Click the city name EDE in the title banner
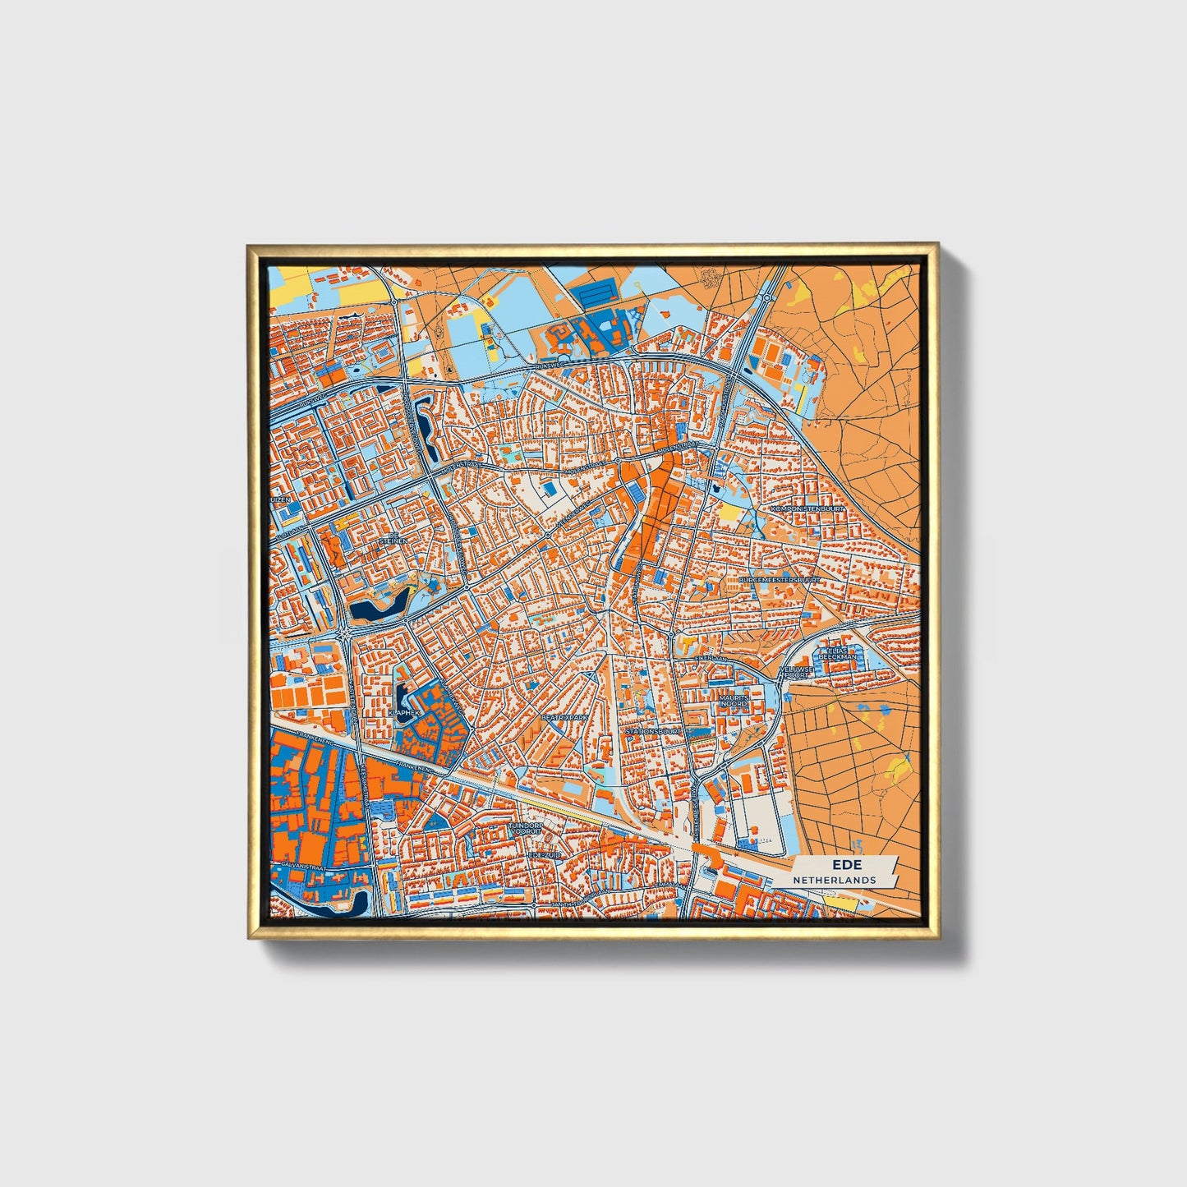(842, 864)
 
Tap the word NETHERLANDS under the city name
(834, 880)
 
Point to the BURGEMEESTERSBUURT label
(780, 579)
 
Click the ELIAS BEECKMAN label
(837, 653)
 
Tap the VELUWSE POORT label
(796, 672)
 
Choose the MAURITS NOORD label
(733, 701)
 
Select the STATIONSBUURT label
(653, 730)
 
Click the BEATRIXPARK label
(564, 717)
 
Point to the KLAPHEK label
(405, 713)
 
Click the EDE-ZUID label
(543, 855)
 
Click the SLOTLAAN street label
(288, 535)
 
